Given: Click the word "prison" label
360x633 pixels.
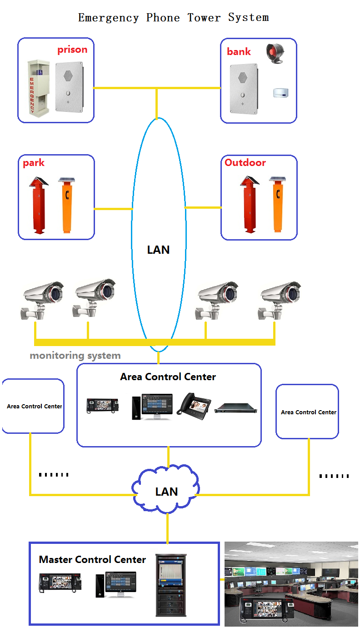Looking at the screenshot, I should click(72, 50).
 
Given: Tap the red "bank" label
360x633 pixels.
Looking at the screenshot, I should click(239, 51).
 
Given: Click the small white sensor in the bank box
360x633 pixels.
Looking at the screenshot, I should click(281, 93).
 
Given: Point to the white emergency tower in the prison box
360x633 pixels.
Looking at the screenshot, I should click(38, 86).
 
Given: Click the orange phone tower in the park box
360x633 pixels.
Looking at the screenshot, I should click(67, 206).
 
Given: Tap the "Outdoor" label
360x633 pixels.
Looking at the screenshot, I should click(245, 162).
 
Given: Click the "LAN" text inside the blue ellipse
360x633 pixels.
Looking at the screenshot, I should click(158, 250).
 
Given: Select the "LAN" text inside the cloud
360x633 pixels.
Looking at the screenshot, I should click(166, 492).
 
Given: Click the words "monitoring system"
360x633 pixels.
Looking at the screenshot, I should click(75, 356).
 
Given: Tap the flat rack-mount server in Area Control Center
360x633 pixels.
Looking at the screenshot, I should click(236, 408).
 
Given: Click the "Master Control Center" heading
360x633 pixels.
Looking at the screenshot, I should click(92, 559).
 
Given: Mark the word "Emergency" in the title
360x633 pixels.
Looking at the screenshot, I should click(109, 18).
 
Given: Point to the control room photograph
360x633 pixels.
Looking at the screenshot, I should click(291, 584).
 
